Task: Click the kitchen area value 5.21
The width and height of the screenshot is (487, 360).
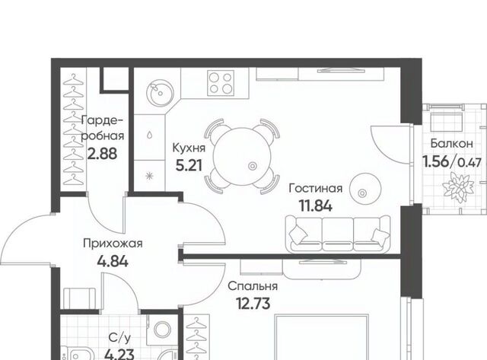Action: [x=189, y=165]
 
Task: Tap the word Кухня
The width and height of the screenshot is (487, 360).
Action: [x=189, y=148]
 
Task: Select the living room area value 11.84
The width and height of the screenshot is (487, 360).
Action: [x=316, y=205]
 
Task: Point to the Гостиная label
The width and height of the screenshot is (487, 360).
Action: [x=316, y=188]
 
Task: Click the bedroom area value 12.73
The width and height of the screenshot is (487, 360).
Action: [x=253, y=304]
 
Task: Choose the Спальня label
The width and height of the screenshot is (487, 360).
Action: [x=253, y=286]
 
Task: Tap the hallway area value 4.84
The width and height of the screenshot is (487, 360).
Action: [x=113, y=261]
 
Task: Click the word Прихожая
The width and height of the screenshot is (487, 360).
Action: [x=113, y=244]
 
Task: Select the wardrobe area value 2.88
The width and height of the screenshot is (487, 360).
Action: [x=102, y=154]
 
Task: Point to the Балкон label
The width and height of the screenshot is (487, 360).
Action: [x=452, y=144]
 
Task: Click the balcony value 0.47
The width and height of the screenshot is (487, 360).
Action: [x=470, y=162]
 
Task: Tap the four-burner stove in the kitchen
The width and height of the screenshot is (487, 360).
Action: [x=221, y=83]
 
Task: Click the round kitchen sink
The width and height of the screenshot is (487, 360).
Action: [x=160, y=92]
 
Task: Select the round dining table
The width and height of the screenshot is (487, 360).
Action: [x=242, y=157]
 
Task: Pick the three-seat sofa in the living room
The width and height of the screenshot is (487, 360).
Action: [x=338, y=234]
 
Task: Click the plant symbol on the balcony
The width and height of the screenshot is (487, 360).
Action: [x=458, y=187]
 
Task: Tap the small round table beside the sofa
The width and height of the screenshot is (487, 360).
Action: [x=365, y=189]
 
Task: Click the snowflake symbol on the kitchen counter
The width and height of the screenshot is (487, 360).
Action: [x=150, y=176]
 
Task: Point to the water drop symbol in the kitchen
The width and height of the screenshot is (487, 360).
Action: [x=150, y=135]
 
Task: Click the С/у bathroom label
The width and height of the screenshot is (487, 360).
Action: [x=119, y=338]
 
